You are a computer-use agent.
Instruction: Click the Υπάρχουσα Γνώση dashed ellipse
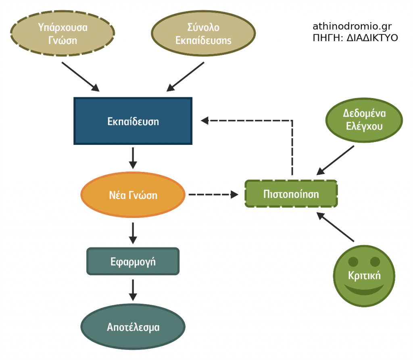pos(63,34)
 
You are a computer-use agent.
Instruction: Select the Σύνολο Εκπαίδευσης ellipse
pos(203,34)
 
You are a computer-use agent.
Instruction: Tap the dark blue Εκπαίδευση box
pos(133,121)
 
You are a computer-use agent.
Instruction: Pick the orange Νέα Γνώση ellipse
pos(133,195)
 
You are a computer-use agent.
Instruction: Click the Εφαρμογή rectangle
pos(133,262)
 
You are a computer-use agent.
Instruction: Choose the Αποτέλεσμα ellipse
pos(133,327)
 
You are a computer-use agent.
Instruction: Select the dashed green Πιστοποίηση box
pos(291,194)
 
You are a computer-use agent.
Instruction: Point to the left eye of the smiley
pos(353,262)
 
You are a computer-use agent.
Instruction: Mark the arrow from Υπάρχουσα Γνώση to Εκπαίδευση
pos(80,76)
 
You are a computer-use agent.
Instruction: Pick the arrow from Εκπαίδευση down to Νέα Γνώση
pos(133,158)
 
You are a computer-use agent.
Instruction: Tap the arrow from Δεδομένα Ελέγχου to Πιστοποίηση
pos(336,160)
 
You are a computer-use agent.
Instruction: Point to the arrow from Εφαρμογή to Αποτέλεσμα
pos(133,290)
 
